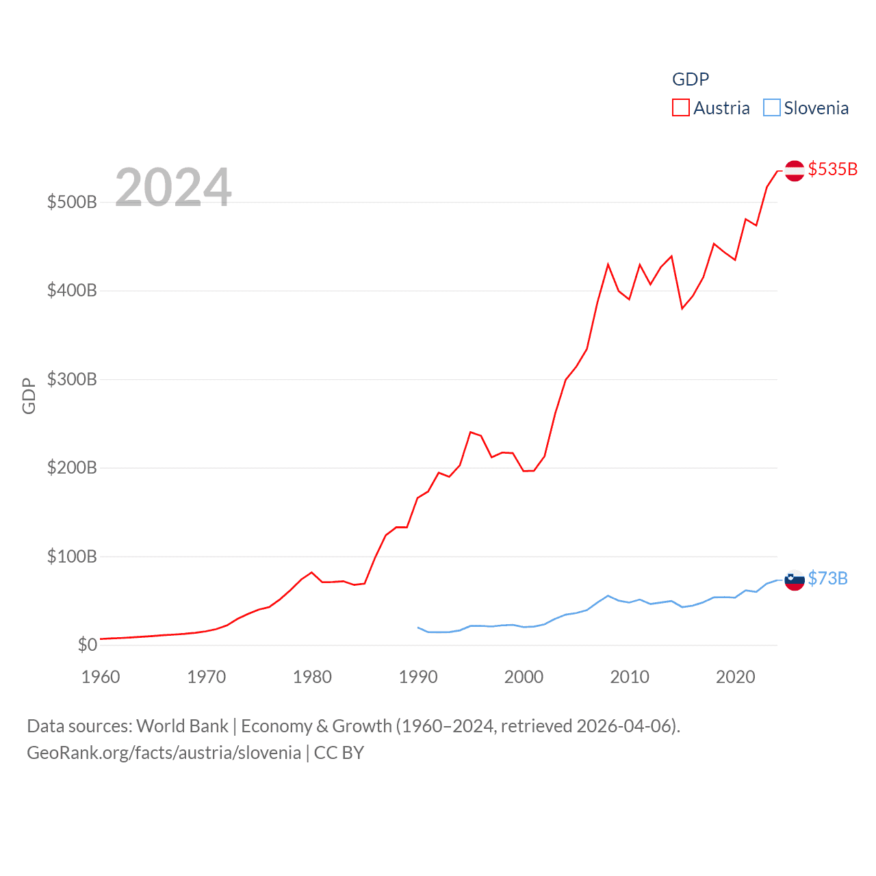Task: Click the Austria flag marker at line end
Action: point(795,170)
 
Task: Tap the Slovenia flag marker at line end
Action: point(795,580)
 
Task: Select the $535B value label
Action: point(832,169)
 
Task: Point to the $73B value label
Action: point(827,578)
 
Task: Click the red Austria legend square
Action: point(680,108)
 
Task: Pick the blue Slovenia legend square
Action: point(771,108)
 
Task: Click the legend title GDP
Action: point(690,79)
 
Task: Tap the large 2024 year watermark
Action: point(173,187)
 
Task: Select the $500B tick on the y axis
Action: point(71,202)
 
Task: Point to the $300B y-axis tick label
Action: point(71,379)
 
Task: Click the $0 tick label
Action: point(87,645)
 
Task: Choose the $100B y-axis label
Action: point(71,556)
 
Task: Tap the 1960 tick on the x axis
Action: point(101,677)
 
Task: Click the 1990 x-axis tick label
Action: point(418,677)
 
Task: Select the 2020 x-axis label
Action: point(736,677)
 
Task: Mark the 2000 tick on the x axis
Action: point(524,677)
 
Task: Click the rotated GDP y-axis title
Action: point(29,396)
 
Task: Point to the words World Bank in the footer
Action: point(182,725)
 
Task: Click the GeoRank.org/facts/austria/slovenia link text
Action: point(164,753)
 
